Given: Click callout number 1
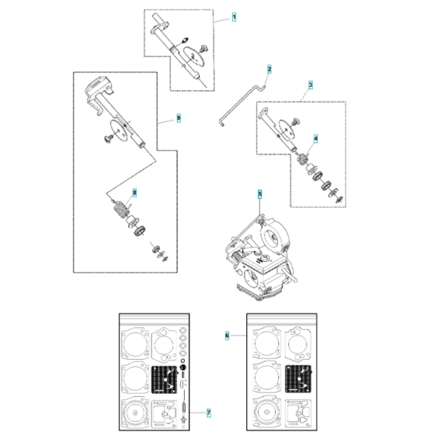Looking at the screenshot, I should coord(235,16).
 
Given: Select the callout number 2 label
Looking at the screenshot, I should coord(270,69).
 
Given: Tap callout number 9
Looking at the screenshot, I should coord(178,118).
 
